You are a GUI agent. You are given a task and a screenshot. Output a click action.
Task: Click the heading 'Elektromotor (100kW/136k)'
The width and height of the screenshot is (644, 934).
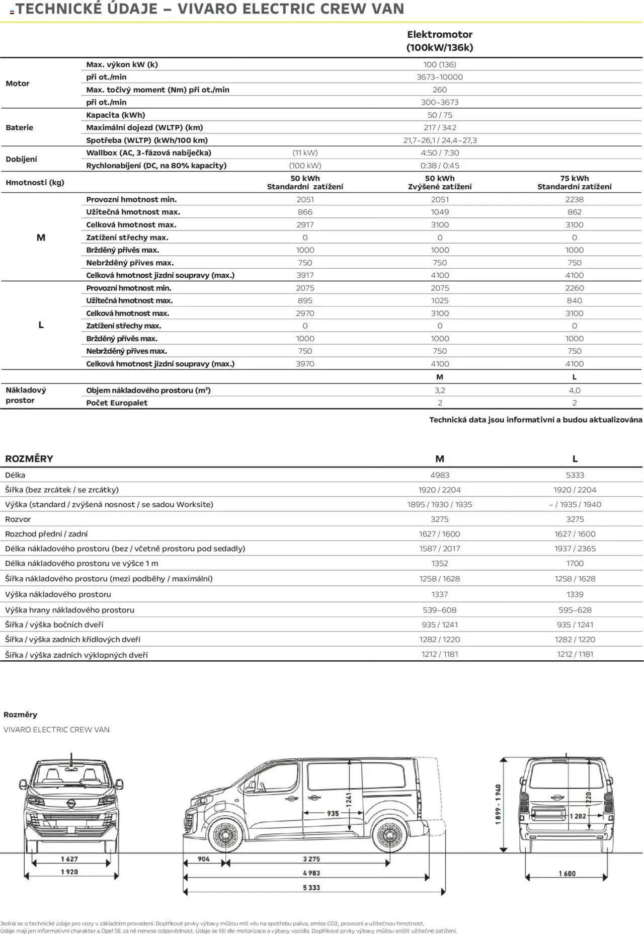(x=440, y=41)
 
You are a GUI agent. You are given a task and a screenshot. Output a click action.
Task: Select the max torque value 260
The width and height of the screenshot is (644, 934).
(x=440, y=90)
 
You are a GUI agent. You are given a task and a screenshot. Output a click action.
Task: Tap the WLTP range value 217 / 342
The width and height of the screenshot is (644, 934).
(x=440, y=127)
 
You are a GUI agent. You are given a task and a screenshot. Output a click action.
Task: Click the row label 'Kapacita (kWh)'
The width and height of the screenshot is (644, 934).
(x=116, y=115)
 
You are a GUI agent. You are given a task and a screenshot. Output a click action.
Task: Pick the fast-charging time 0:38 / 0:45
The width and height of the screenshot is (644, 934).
(x=440, y=166)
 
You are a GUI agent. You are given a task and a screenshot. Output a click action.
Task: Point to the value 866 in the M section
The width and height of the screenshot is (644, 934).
(x=305, y=212)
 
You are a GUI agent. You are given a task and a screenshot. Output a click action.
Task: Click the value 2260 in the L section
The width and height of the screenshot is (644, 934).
(x=574, y=288)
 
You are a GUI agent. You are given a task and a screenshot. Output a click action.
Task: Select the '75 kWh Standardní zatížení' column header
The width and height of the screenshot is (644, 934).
(x=574, y=182)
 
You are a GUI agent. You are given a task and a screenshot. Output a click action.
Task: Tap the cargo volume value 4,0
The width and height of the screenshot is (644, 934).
(x=574, y=390)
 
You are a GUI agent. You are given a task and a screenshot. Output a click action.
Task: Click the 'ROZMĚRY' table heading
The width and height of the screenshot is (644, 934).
(x=29, y=458)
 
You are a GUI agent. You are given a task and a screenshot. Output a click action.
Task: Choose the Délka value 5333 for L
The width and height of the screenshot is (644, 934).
(x=575, y=475)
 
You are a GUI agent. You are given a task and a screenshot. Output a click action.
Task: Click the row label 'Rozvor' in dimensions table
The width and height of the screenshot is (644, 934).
(x=18, y=519)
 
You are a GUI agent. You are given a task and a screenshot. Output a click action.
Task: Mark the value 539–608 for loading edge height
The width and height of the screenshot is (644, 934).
(x=440, y=610)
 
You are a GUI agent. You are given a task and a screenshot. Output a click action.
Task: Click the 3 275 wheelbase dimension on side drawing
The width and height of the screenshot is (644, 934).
(x=311, y=859)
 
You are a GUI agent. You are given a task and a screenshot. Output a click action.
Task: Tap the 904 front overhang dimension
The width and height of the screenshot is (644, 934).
(x=204, y=859)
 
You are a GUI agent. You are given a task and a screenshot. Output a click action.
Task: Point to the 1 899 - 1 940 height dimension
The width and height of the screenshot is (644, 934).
(x=498, y=804)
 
